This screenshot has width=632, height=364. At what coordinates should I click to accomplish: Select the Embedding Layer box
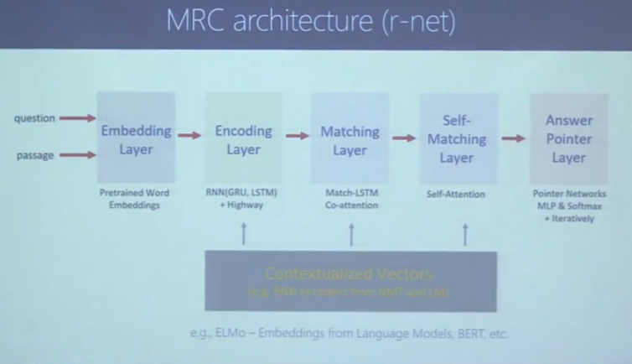(136, 139)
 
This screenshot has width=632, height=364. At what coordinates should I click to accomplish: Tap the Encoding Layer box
(243, 139)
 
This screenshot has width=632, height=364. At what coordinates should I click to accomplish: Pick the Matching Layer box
(350, 139)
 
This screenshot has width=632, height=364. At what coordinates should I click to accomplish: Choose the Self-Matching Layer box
(457, 139)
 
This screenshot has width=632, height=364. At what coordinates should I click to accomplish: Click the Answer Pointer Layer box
(568, 139)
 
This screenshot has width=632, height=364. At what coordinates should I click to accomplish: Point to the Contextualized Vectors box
(350, 281)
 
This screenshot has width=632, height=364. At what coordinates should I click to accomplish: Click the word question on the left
(34, 118)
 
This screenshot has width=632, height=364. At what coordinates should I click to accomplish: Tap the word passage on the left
(35, 155)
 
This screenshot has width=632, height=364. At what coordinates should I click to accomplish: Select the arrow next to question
(78, 118)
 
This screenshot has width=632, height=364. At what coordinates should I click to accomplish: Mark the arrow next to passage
(78, 155)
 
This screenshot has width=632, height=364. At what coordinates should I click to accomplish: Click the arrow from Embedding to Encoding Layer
(189, 134)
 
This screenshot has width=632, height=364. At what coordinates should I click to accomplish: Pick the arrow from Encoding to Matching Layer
(297, 134)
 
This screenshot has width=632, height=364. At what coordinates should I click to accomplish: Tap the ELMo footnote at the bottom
(350, 333)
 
